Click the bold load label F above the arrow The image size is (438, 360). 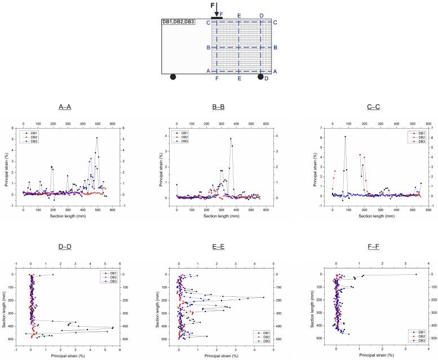click(x=213, y=6)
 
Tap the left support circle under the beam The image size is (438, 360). click(x=173, y=77)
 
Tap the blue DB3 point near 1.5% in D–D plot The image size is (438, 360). click(x=53, y=274)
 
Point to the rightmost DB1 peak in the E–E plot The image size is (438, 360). click(x=264, y=297)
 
